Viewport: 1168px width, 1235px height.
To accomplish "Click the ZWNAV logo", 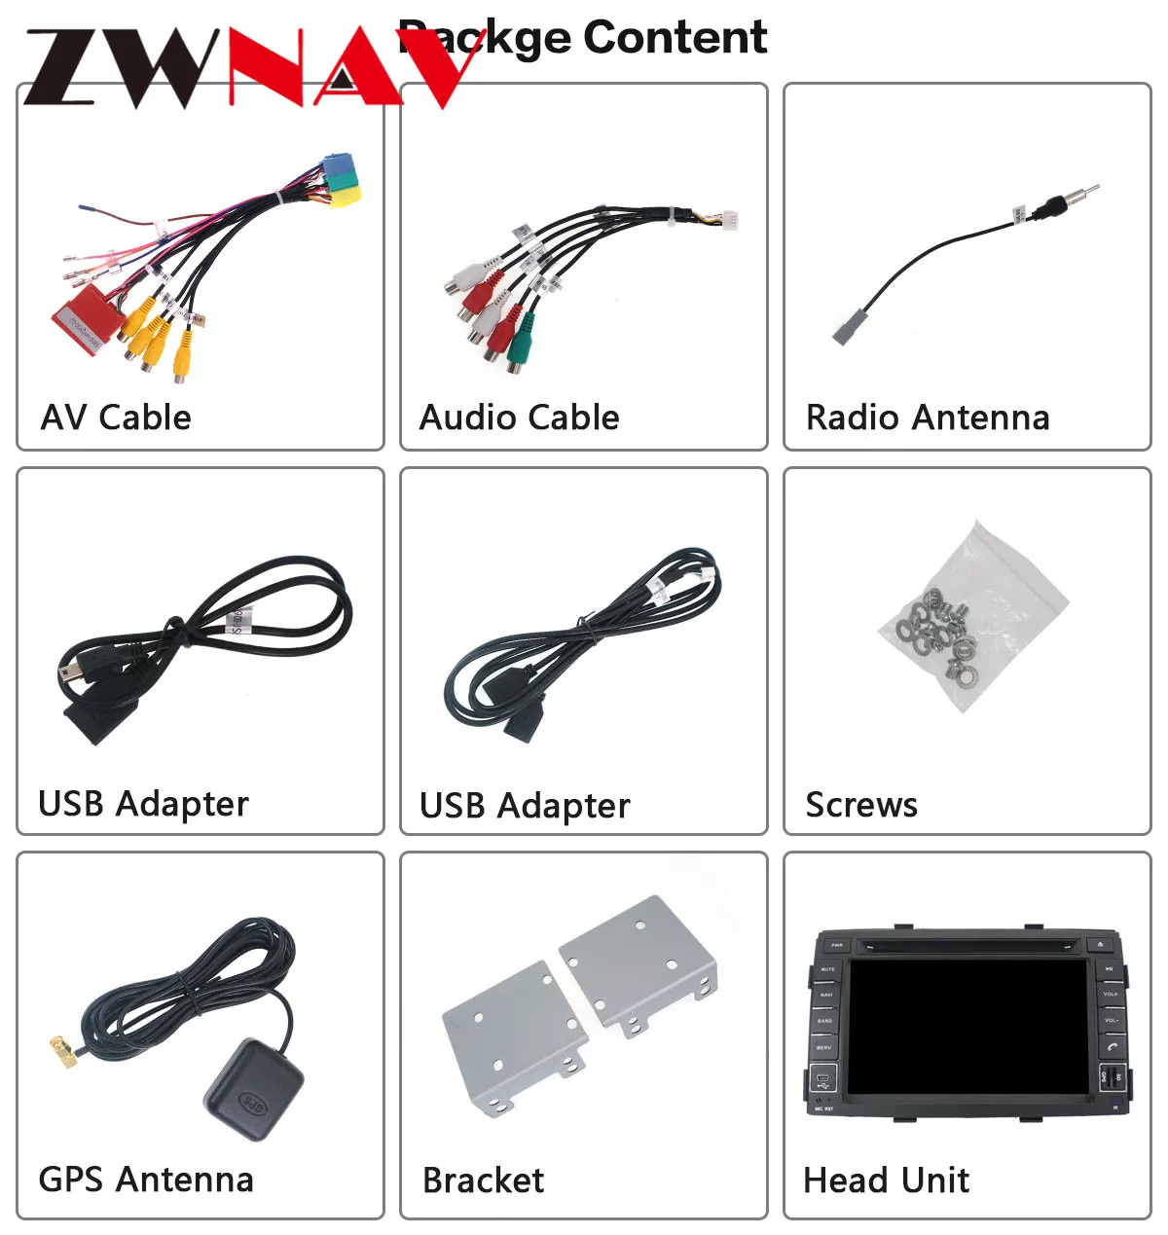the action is pos(243,66).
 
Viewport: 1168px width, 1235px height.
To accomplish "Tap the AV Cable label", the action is pos(116,418).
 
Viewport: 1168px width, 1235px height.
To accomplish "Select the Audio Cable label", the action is pos(519,418).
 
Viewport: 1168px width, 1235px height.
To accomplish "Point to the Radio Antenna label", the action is pos(927,418).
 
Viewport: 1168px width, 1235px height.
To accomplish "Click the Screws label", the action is pos(860,805).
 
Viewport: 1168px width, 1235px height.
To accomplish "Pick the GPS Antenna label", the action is pos(145,1180).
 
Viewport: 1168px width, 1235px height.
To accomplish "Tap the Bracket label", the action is pos(483,1180).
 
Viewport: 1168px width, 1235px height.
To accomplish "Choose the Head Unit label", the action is pos(886,1180).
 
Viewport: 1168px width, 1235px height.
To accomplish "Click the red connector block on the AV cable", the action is pos(86,316).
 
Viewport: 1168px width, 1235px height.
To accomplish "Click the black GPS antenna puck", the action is pos(253,1090).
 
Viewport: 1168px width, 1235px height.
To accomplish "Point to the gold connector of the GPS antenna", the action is pos(63,1052).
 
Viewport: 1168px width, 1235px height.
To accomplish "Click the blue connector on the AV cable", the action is pos(337,163).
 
